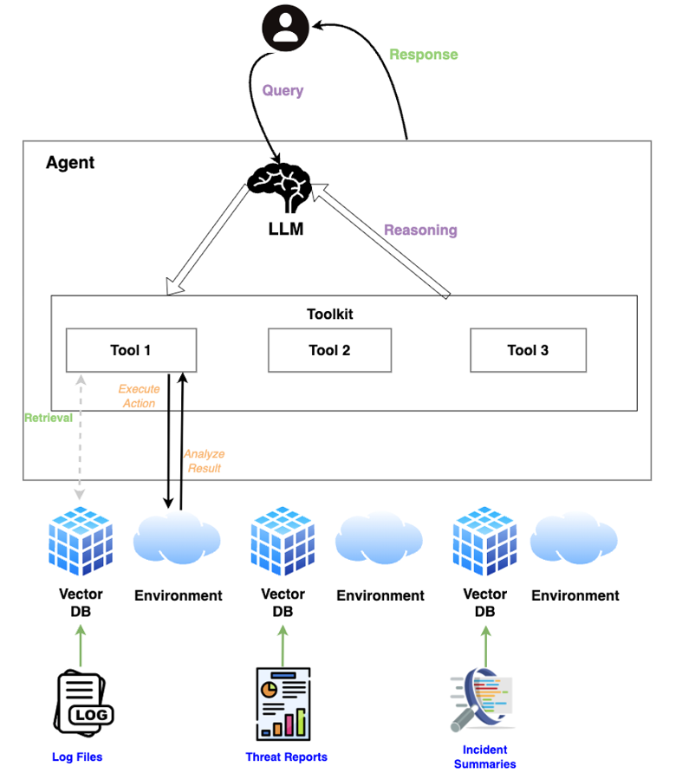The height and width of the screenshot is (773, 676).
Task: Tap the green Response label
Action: pyautogui.click(x=423, y=55)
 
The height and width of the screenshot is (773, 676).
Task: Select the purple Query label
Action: pyautogui.click(x=283, y=90)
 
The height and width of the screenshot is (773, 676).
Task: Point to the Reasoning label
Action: pyautogui.click(x=420, y=230)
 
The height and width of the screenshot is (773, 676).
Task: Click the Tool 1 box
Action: pyautogui.click(x=131, y=350)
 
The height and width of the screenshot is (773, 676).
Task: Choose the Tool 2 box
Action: pyautogui.click(x=329, y=350)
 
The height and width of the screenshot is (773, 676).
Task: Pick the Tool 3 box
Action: pyautogui.click(x=528, y=350)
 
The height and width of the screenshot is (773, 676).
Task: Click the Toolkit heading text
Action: pyautogui.click(x=330, y=315)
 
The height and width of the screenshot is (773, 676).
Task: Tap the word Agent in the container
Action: pyautogui.click(x=70, y=163)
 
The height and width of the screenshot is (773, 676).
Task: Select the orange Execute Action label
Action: pyautogui.click(x=139, y=396)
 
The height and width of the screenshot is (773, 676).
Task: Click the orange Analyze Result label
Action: pyautogui.click(x=205, y=460)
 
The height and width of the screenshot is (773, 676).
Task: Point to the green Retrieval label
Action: pyautogui.click(x=48, y=418)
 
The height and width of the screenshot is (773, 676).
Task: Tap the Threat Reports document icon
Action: pyautogui.click(x=283, y=703)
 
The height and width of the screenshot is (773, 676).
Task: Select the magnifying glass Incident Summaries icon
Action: pyautogui.click(x=481, y=700)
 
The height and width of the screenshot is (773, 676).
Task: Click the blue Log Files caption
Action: pyautogui.click(x=76, y=757)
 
